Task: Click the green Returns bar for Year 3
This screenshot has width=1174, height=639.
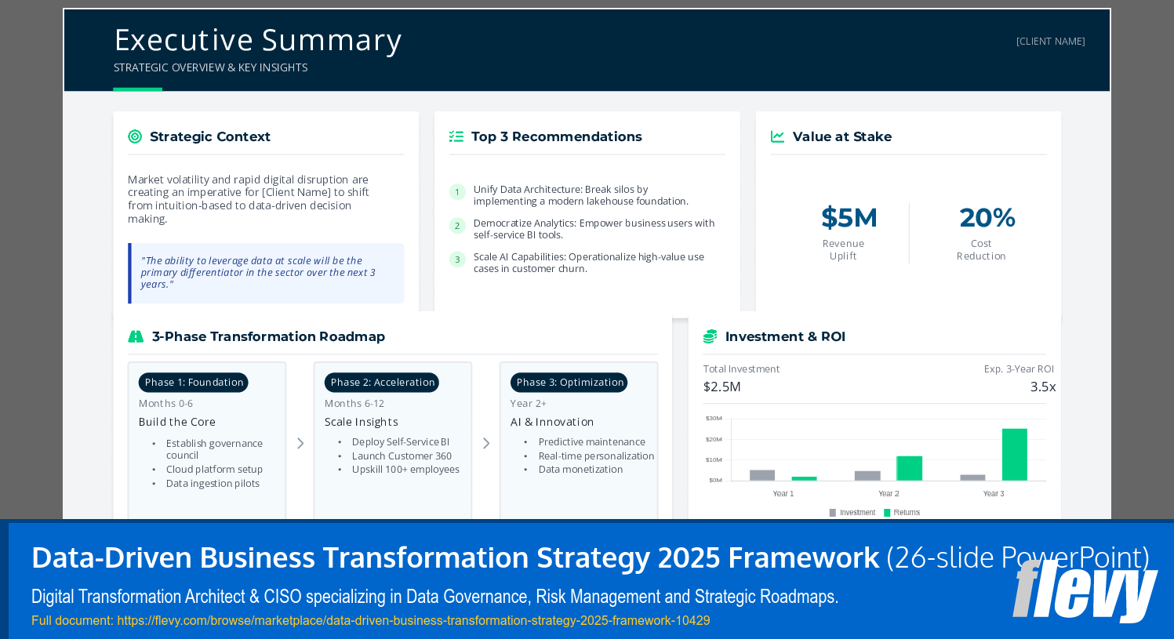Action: tap(1014, 455)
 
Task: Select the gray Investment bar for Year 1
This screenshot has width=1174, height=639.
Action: tap(761, 475)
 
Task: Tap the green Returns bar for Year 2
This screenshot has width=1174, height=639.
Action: tap(909, 468)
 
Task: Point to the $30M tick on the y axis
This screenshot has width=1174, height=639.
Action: tap(714, 419)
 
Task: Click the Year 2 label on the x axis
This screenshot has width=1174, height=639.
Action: tap(889, 494)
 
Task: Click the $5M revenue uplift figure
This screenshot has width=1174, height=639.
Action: tap(849, 218)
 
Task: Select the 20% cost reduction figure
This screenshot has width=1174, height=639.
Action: tap(987, 218)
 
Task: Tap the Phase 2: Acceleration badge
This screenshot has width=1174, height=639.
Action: tap(382, 383)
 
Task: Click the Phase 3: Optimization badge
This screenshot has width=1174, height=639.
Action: tap(569, 383)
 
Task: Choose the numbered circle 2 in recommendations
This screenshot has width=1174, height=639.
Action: tap(457, 226)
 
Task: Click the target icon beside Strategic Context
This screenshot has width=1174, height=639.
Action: tap(135, 136)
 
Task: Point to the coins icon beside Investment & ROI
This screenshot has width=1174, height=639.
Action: tap(710, 336)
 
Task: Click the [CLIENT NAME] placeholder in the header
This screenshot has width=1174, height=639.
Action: tap(1050, 42)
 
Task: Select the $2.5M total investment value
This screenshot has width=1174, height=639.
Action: tap(721, 387)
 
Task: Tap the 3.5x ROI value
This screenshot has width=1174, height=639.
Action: tap(1042, 387)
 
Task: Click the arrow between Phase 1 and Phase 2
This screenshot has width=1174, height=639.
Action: tap(300, 444)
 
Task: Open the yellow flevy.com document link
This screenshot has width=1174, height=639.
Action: tap(370, 621)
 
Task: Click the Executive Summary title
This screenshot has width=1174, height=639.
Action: tap(257, 40)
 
